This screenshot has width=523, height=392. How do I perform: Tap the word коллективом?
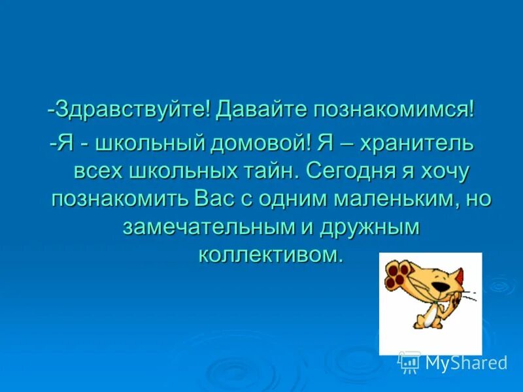[270, 253]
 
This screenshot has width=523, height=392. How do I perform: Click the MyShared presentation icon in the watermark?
[409, 361]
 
